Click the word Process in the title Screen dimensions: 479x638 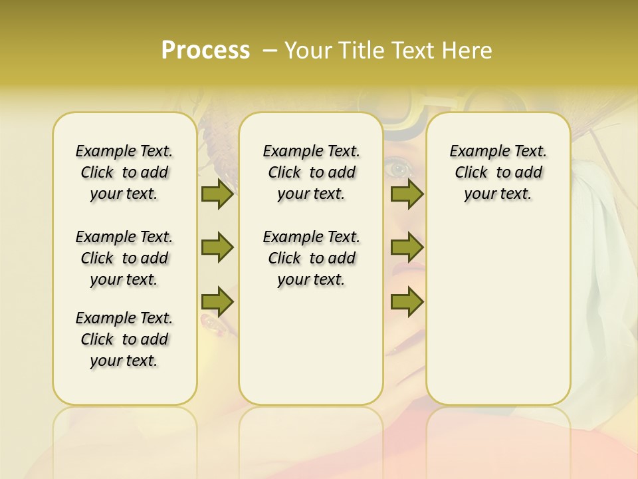pyautogui.click(x=205, y=51)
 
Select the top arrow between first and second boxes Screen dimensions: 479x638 pyautogui.click(x=217, y=194)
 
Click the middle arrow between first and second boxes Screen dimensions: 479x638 pyautogui.click(x=217, y=247)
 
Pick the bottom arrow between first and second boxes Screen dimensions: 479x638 pyautogui.click(x=217, y=301)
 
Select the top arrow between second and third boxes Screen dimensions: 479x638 pyautogui.click(x=407, y=194)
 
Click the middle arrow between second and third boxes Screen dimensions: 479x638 pyautogui.click(x=407, y=247)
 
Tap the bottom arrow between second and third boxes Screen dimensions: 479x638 pyautogui.click(x=407, y=301)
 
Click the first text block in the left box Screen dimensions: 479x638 pyautogui.click(x=124, y=172)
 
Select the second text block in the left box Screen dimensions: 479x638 pyautogui.click(x=124, y=258)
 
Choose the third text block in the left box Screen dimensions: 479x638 pyautogui.click(x=124, y=339)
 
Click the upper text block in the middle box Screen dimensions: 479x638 pyautogui.click(x=311, y=172)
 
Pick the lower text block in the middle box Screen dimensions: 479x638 pyautogui.click(x=311, y=258)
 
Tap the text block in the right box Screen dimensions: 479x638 pyautogui.click(x=498, y=172)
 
